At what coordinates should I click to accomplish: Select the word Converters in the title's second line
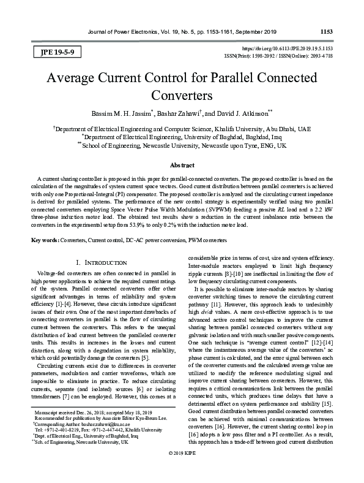pos(181,96)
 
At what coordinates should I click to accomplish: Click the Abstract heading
pos(182,165)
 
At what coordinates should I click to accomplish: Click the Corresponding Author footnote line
pos(88,423)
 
